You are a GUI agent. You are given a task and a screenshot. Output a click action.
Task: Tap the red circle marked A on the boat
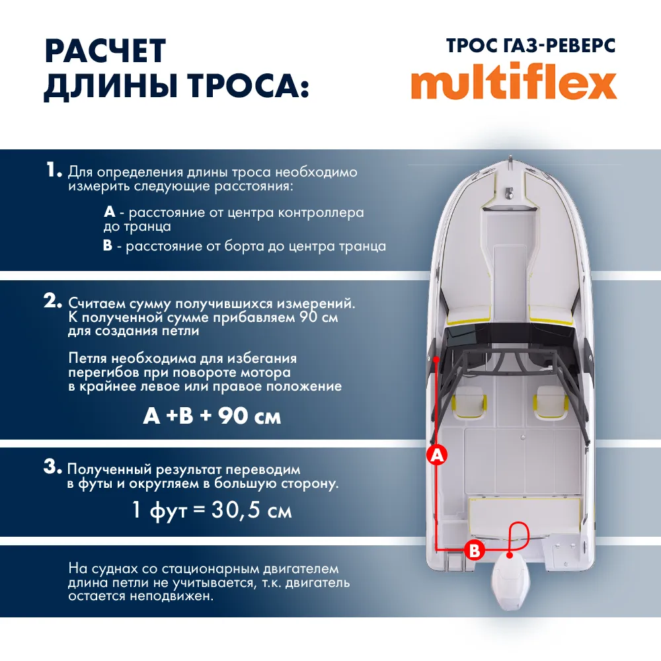click(436, 455)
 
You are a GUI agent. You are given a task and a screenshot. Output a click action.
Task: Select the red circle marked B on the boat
click(475, 549)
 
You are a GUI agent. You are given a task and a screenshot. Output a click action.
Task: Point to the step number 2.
click(53, 301)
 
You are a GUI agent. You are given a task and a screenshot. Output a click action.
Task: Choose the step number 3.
click(53, 467)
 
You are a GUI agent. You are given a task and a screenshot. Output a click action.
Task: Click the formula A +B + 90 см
click(212, 416)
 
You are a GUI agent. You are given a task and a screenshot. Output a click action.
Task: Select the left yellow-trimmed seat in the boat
click(469, 404)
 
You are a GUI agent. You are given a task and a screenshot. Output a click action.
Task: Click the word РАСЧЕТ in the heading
click(104, 52)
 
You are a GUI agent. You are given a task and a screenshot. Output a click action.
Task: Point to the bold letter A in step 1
click(110, 213)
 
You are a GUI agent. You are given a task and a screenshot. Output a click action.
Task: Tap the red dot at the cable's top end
click(438, 359)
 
